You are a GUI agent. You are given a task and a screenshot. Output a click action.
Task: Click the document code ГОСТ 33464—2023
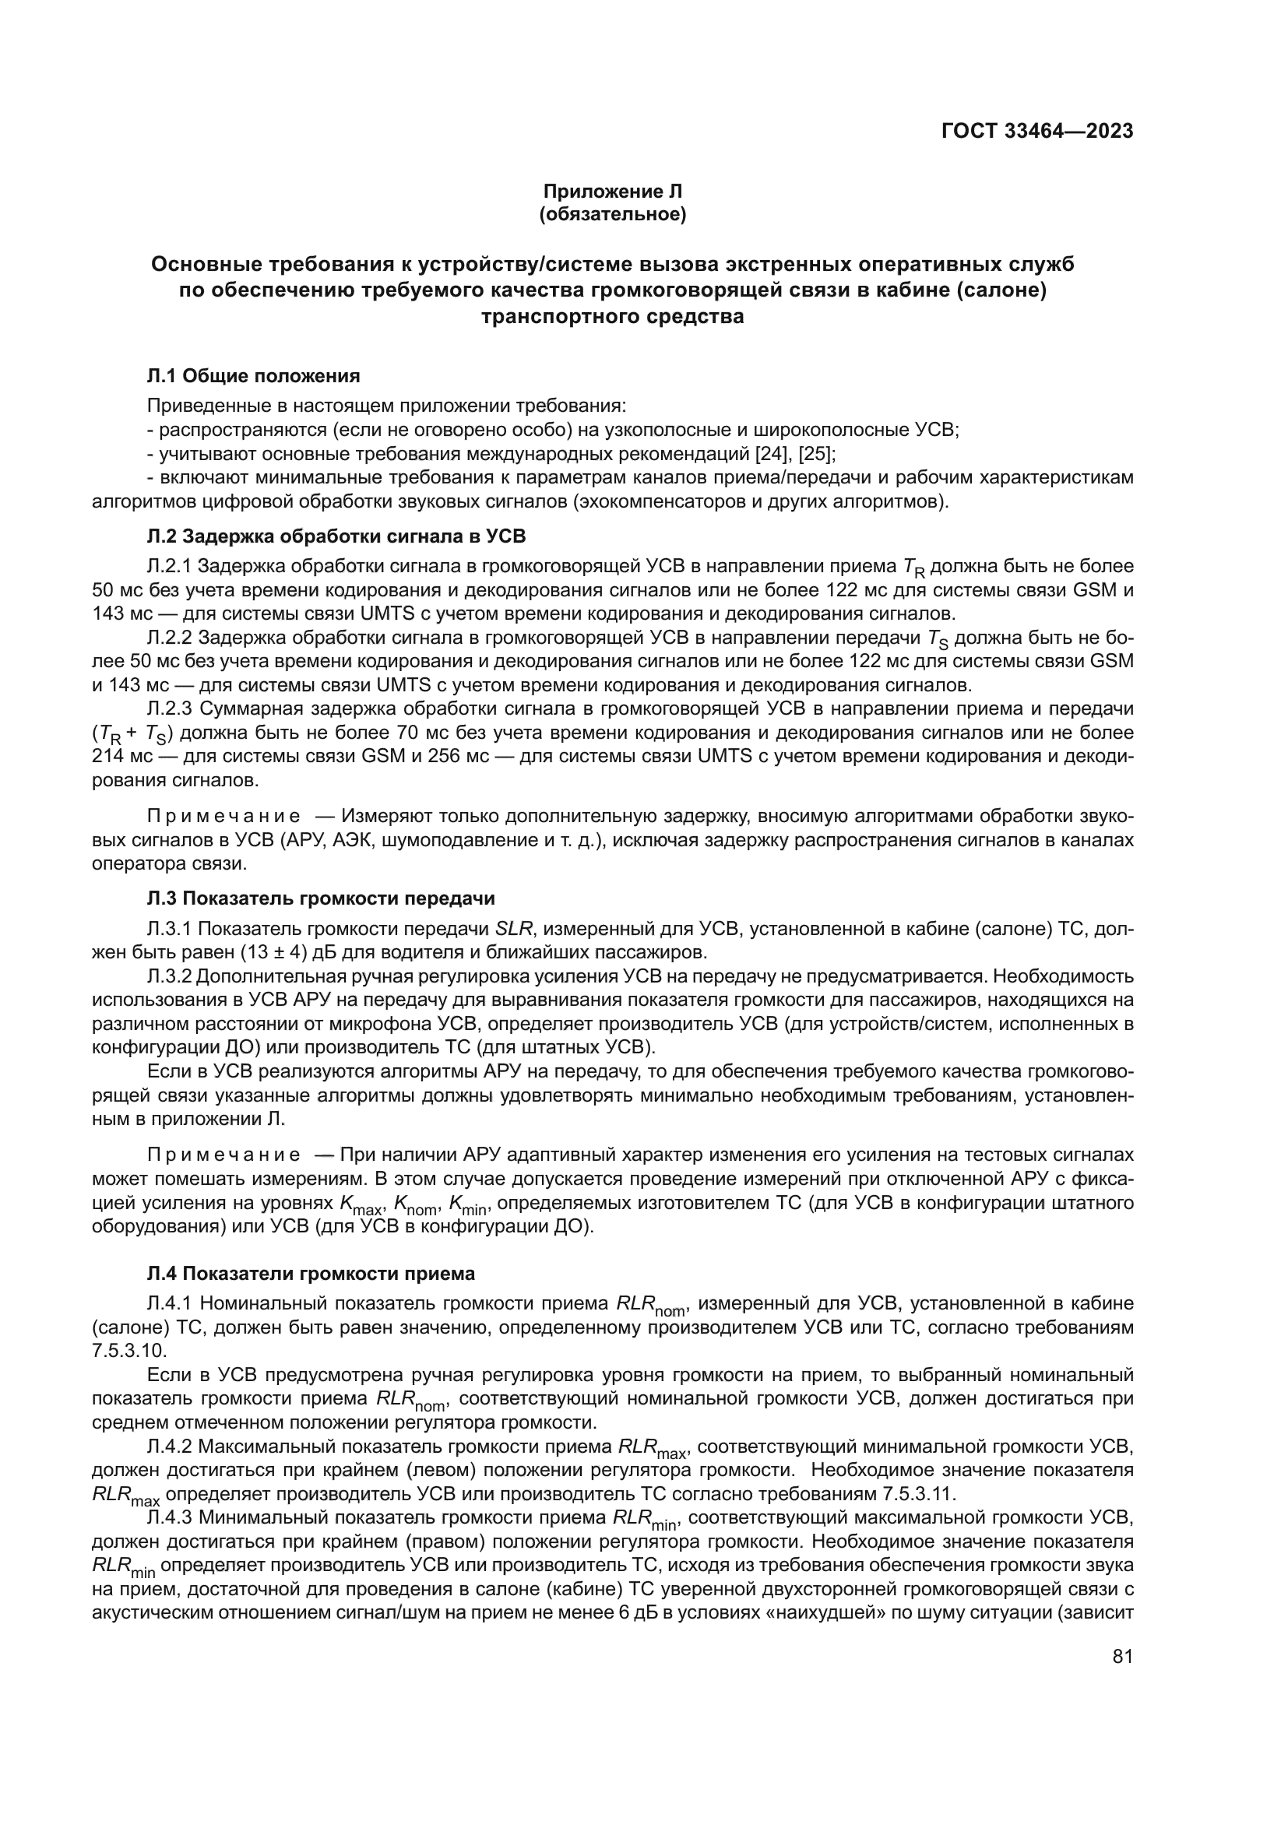[x=1036, y=132]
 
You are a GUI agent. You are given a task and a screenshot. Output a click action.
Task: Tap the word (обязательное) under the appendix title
[x=612, y=215]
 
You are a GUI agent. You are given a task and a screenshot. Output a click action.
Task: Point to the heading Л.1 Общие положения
[x=254, y=376]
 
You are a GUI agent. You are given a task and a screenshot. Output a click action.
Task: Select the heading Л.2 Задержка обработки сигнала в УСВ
[x=336, y=536]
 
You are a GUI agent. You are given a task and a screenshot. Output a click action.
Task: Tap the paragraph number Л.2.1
[x=169, y=566]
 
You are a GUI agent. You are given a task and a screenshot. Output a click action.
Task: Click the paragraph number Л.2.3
[x=169, y=708]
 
